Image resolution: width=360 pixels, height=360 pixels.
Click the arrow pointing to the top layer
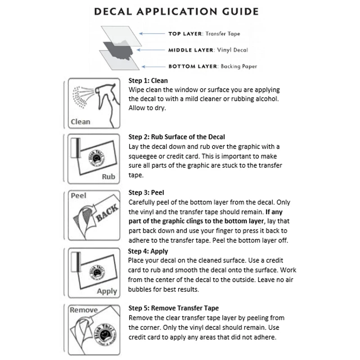pyautogui.click(x=151, y=34)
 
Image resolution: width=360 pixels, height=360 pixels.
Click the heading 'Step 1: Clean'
pyautogui.click(x=148, y=81)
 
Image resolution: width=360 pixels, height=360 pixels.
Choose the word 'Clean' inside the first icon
pyautogui.click(x=81, y=121)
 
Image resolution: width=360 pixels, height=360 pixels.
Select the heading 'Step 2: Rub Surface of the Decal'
pyautogui.click(x=176, y=137)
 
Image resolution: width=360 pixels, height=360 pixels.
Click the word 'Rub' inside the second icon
pyautogui.click(x=108, y=177)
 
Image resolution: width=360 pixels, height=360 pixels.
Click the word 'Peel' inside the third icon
pyautogui.click(x=79, y=196)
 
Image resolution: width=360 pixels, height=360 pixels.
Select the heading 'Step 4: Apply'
pyautogui.click(x=148, y=251)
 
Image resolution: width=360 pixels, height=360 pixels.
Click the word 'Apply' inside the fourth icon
pyautogui.click(x=107, y=291)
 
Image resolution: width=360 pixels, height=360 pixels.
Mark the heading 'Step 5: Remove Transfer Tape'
pyautogui.click(x=174, y=308)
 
